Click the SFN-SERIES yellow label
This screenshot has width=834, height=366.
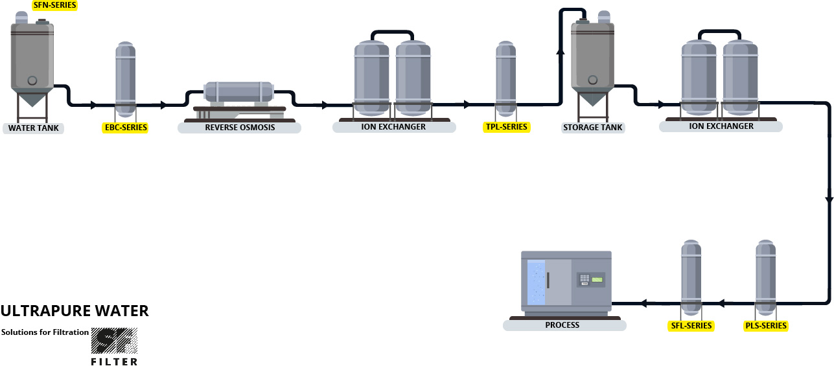click(54, 5)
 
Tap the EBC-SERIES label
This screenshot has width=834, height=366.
click(126, 128)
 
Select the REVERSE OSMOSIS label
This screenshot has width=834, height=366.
click(240, 127)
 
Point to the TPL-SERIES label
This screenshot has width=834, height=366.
click(506, 127)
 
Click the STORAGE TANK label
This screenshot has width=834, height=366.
click(593, 127)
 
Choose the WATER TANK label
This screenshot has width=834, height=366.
click(33, 128)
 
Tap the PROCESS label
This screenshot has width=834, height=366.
click(562, 325)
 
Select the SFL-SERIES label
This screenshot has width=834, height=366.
click(691, 325)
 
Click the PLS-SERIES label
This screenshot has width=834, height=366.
click(765, 325)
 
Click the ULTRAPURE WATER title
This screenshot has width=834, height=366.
click(75, 311)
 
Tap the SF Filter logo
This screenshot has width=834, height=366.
click(113, 345)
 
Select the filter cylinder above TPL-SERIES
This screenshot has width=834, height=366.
click(506, 76)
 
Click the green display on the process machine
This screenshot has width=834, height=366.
click(596, 280)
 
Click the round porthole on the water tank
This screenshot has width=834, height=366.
click(32, 80)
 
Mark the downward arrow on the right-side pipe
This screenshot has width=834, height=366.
click(829, 198)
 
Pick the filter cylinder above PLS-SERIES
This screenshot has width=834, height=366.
click(765, 277)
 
